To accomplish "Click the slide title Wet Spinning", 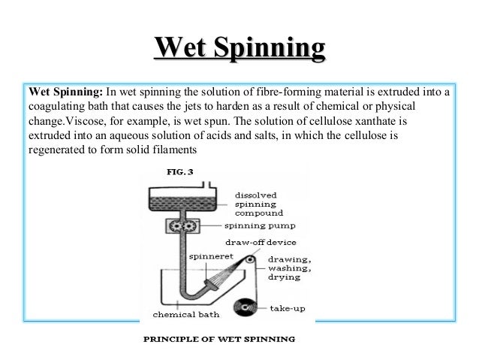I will (240, 50).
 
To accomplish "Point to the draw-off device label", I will (261, 243).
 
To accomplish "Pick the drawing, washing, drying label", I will (287, 267).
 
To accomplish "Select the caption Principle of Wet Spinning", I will (219, 338).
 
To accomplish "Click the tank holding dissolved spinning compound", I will (179, 200).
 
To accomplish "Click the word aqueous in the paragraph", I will (120, 135).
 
